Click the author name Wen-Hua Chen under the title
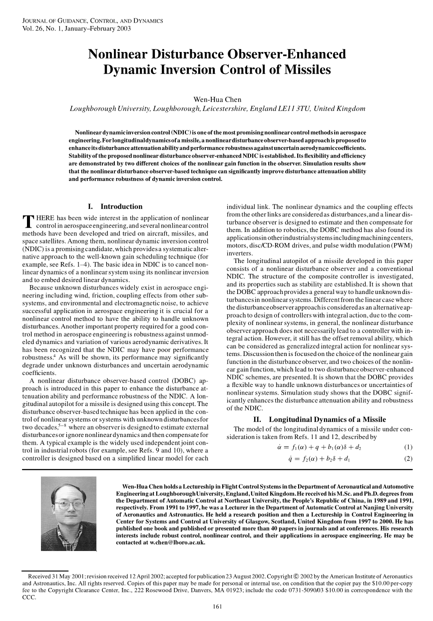tap(216, 98)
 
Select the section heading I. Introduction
tap(115, 206)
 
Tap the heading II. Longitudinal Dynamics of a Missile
tap(320, 419)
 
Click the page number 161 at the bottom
tap(217, 607)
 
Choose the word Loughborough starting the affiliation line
tap(94, 108)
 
